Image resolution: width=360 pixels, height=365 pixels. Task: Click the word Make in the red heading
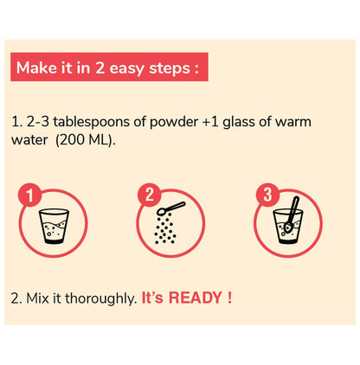36,68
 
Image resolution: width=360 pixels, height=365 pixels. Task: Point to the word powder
174,122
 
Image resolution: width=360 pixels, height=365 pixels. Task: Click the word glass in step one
239,123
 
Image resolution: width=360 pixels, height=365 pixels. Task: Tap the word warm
293,122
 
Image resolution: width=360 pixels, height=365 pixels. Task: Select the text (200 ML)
86,140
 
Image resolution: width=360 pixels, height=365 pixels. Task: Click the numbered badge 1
30,195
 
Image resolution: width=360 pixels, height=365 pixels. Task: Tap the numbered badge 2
149,195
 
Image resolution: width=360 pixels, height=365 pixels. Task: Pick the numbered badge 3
267,195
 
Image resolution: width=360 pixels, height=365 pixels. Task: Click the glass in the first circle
54,227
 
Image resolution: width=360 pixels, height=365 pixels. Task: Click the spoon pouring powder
170,208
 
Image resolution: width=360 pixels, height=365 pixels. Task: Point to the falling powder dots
165,229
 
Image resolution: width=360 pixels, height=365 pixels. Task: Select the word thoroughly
100,298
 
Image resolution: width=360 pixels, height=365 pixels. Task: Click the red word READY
195,298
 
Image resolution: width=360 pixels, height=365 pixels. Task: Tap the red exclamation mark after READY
229,298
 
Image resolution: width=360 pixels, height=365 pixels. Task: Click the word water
29,140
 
